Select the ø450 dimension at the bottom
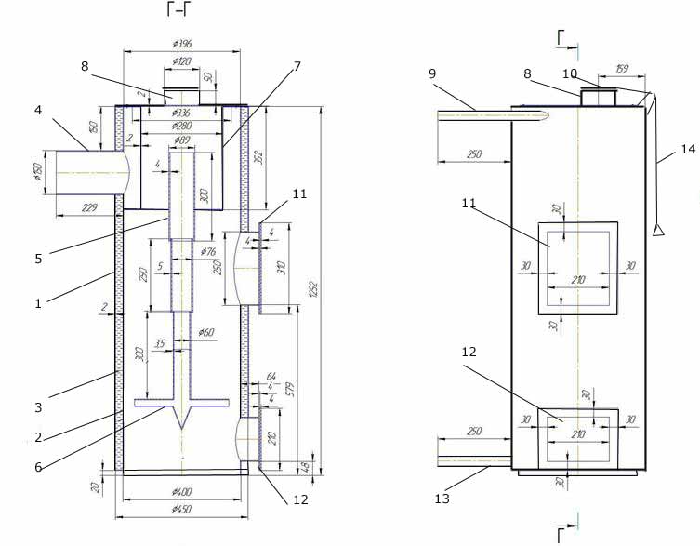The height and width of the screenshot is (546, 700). click(182, 510)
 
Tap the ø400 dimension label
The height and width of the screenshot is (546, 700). click(182, 490)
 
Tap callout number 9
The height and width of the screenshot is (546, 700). click(432, 72)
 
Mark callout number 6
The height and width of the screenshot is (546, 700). click(38, 466)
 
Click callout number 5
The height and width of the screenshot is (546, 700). click(38, 258)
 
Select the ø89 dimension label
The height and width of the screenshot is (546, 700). click(182, 140)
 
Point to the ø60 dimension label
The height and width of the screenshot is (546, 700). click(205, 333)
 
